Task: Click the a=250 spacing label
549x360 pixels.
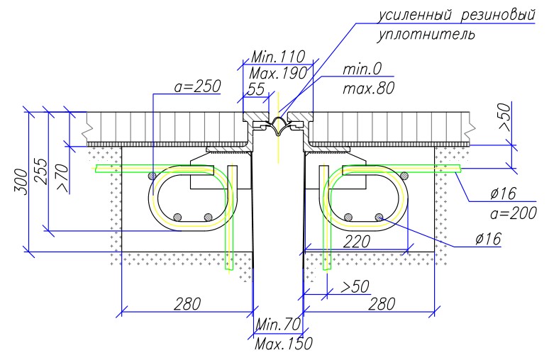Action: pyautogui.click(x=197, y=86)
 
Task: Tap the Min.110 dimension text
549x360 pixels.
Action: pyautogui.click(x=278, y=56)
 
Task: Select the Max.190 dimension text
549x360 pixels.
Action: pyautogui.click(x=278, y=74)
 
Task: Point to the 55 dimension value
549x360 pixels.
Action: pyautogui.click(x=256, y=89)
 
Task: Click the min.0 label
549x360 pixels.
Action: pyautogui.click(x=362, y=69)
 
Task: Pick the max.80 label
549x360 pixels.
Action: pyautogui.click(x=368, y=88)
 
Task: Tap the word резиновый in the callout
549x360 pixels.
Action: pyautogui.click(x=498, y=15)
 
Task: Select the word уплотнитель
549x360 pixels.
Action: pyautogui.click(x=426, y=35)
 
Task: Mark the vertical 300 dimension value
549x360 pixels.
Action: pyautogui.click(x=21, y=182)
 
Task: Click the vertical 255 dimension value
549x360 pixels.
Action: pyautogui.click(x=41, y=171)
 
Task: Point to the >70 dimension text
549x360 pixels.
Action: pyautogui.click(x=62, y=178)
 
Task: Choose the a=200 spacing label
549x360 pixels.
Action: pyautogui.click(x=514, y=213)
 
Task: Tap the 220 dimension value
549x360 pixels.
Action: pyautogui.click(x=357, y=242)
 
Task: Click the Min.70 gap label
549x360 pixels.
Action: pyautogui.click(x=278, y=325)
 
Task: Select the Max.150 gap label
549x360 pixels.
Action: pyautogui.click(x=283, y=344)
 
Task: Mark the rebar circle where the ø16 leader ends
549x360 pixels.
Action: pyautogui.click(x=379, y=218)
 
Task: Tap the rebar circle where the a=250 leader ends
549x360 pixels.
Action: pyautogui.click(x=152, y=175)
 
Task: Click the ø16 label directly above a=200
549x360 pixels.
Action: pyautogui.click(x=503, y=193)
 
